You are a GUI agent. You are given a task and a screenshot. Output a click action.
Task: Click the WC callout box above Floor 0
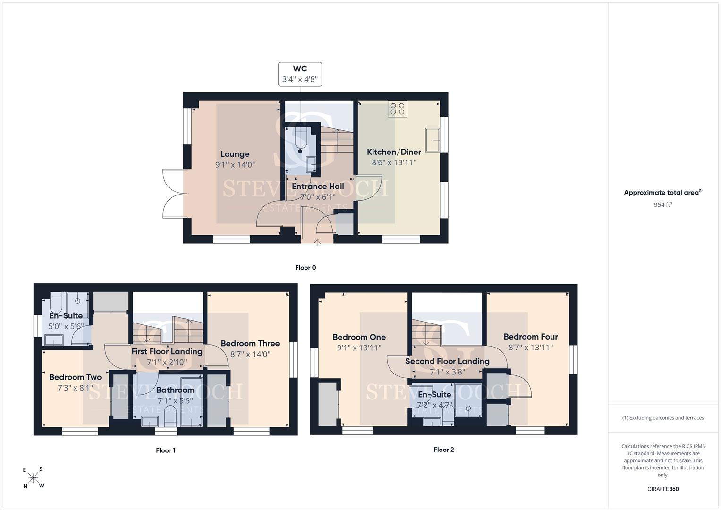click(300, 75)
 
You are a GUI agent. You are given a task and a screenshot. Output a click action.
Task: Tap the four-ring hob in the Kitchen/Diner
click(398, 109)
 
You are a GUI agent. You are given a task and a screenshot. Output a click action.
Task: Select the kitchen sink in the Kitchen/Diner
click(433, 140)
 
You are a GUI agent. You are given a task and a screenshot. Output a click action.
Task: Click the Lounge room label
click(235, 154)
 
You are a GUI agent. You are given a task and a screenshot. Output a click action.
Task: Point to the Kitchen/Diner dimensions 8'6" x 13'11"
click(394, 162)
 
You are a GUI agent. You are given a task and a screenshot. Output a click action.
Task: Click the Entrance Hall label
click(318, 187)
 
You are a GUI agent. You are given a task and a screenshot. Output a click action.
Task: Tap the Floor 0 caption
click(305, 268)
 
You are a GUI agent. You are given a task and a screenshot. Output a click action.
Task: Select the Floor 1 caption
click(165, 450)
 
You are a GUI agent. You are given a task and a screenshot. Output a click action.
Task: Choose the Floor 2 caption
click(443, 450)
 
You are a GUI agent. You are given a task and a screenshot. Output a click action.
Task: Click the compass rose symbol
click(33, 478)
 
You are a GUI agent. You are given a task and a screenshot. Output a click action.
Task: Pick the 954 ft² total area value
click(663, 204)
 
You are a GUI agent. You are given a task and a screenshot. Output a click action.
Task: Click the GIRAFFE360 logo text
click(663, 489)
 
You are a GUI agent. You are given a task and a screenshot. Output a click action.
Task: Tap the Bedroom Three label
click(250, 344)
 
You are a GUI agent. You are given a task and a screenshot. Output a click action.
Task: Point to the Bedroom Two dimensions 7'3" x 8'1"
click(76, 388)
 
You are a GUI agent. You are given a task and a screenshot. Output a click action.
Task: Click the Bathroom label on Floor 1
click(175, 390)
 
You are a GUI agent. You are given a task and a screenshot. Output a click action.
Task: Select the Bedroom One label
click(359, 337)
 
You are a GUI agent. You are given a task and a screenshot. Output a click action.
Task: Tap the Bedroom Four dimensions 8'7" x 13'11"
click(530, 348)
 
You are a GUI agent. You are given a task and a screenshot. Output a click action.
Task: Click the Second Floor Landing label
click(447, 361)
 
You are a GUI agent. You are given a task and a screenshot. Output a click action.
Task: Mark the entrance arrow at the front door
click(317, 243)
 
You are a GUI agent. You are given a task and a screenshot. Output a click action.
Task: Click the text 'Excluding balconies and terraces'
click(666, 418)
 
